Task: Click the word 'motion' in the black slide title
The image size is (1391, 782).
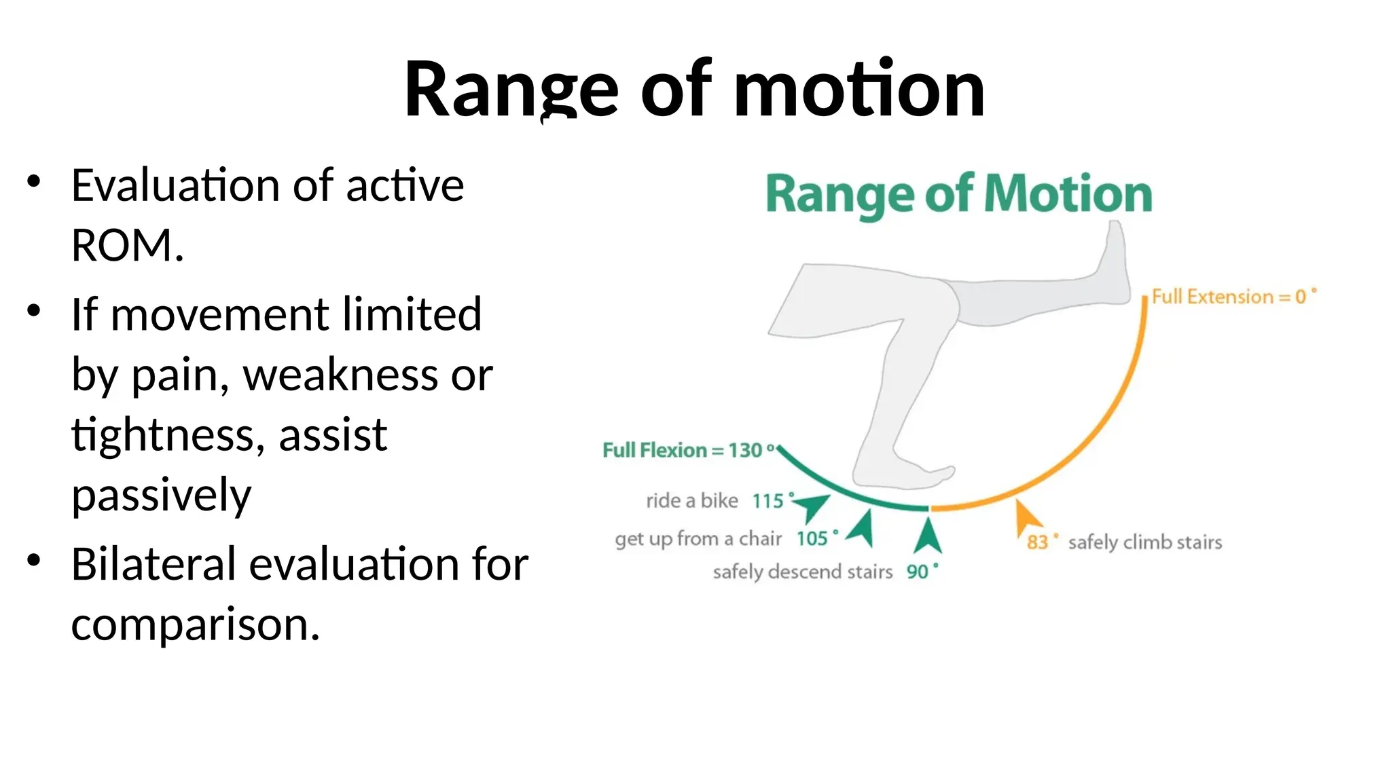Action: click(x=859, y=90)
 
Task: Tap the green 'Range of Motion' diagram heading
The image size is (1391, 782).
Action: click(x=958, y=195)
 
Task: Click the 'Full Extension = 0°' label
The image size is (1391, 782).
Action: click(x=1233, y=297)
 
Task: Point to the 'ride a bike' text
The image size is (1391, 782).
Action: click(x=691, y=501)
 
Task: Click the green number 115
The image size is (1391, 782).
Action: click(x=767, y=501)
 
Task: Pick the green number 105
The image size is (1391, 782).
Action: click(x=812, y=539)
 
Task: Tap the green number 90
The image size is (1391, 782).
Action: click(x=917, y=572)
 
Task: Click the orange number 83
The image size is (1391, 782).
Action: click(x=1037, y=542)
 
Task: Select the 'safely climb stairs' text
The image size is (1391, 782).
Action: click(x=1144, y=542)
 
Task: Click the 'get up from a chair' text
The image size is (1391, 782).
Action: click(x=698, y=539)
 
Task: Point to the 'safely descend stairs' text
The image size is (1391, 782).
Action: click(x=802, y=572)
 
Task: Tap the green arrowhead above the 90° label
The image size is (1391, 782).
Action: click(x=928, y=536)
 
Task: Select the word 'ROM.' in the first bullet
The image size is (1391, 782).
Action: click(x=127, y=245)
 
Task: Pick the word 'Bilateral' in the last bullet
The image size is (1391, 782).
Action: click(x=153, y=564)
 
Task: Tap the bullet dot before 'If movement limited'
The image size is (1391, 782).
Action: click(x=34, y=312)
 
